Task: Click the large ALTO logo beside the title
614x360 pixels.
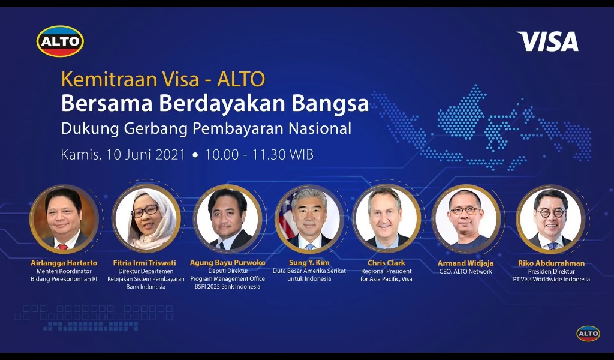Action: point(60,41)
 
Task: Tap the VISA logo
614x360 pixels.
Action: point(547,41)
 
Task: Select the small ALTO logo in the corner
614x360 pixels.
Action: point(588,334)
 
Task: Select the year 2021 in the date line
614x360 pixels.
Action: point(170,154)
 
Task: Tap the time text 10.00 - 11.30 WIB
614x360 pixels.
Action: point(259,154)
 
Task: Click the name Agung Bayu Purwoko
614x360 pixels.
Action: point(227,262)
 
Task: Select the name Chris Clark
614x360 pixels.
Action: point(387,262)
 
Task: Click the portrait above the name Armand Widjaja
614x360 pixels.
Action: point(465,219)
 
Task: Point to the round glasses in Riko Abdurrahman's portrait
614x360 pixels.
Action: point(550,213)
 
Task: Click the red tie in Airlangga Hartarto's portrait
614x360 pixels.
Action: point(62,247)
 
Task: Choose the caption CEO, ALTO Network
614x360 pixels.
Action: point(465,271)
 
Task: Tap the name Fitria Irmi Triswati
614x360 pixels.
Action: point(145,262)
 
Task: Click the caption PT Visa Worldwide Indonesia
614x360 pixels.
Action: point(552,279)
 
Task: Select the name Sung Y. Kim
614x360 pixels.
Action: point(309,262)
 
